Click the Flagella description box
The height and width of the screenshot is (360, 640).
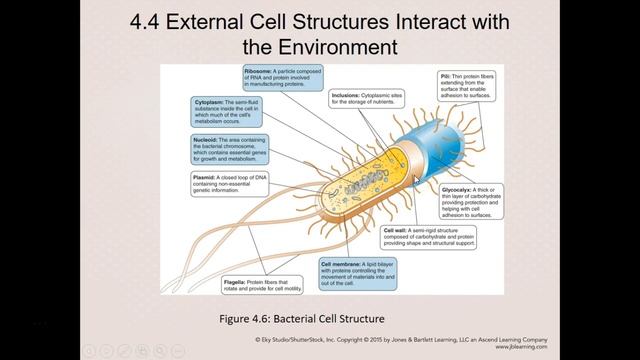(x=257, y=285)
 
